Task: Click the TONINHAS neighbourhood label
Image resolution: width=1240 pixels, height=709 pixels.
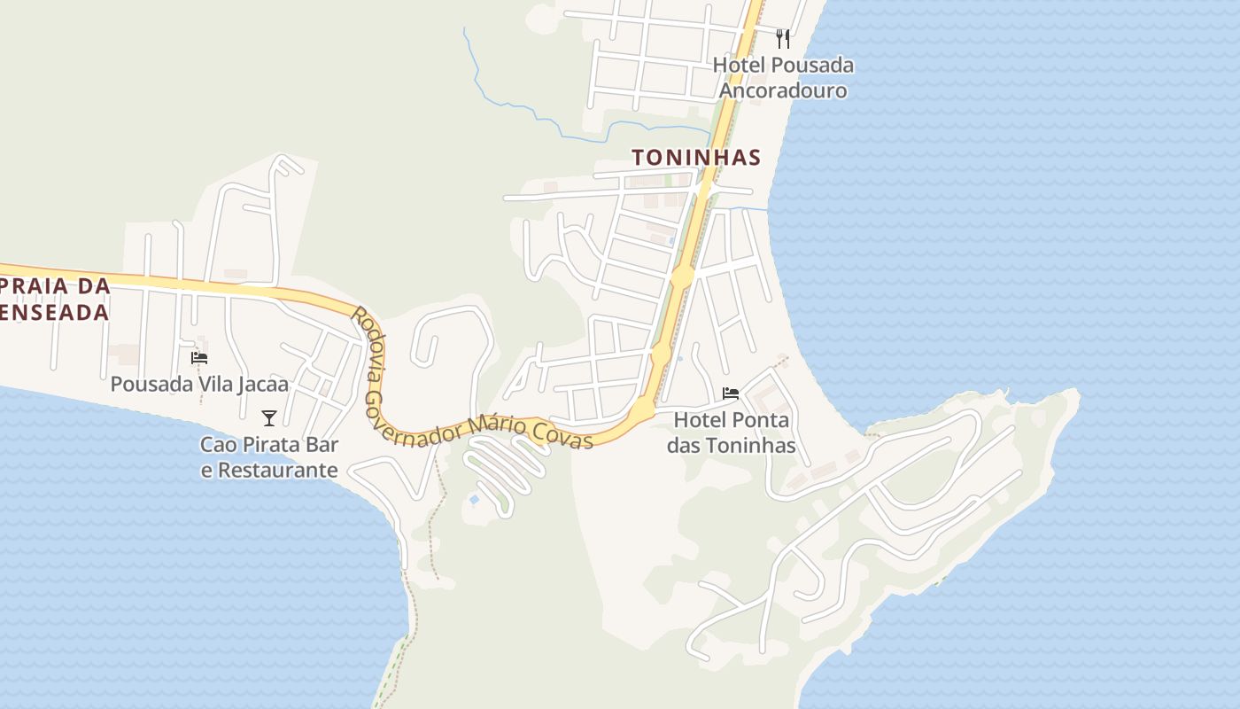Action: [695, 158]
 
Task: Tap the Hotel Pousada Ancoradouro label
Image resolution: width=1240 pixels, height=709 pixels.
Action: [783, 78]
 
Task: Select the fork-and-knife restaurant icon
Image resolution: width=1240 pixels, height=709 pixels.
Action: [782, 39]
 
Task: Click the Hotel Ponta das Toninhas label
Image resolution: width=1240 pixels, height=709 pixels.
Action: [731, 432]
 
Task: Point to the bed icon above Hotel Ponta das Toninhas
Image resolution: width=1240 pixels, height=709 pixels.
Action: [731, 393]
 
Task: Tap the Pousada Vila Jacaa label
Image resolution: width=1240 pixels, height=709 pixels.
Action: [199, 385]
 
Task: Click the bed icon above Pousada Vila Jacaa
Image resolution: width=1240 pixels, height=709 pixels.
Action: [199, 358]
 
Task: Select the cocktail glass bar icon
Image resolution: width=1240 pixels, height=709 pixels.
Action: [269, 418]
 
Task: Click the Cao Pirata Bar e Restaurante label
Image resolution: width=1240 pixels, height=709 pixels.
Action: [269, 457]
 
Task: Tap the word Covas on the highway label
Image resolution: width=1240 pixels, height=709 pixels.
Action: [563, 433]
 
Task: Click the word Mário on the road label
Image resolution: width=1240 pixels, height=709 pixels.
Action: [495, 425]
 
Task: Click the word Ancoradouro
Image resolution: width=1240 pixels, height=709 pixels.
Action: [783, 91]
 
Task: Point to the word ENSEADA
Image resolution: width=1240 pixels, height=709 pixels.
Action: [55, 312]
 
